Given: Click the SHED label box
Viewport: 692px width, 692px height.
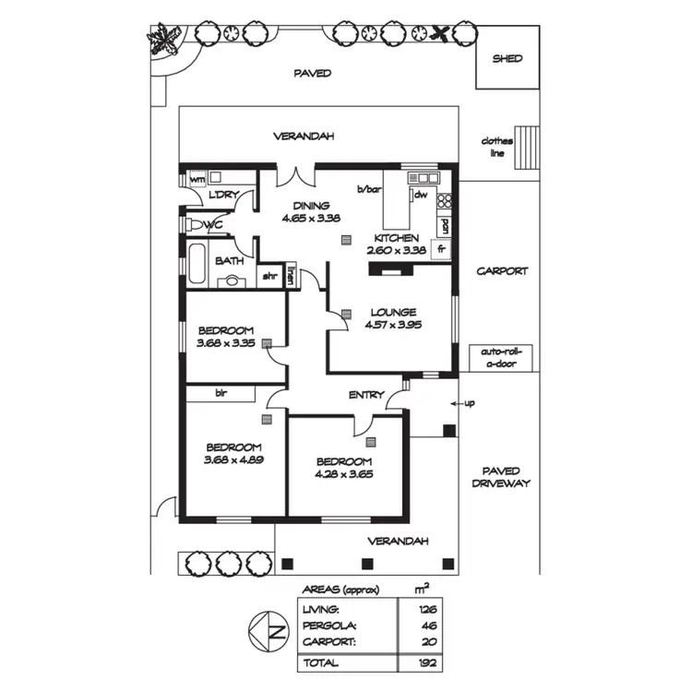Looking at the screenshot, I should [x=507, y=57].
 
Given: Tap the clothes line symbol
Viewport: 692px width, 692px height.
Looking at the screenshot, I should [x=526, y=148].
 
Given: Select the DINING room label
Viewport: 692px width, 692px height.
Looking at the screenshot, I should [x=304, y=206].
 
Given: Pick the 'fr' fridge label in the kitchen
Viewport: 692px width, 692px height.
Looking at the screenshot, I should [x=441, y=248].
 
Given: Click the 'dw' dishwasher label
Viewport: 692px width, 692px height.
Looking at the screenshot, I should [x=419, y=195].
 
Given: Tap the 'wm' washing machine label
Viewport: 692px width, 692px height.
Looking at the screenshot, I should [x=197, y=178].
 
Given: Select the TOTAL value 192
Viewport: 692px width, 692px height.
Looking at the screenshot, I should [x=426, y=662].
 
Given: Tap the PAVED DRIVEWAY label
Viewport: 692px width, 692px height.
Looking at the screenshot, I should [x=501, y=477].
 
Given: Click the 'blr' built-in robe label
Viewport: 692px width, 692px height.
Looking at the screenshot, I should [x=221, y=393].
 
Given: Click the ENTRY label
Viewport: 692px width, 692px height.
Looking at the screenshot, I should [x=366, y=395].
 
